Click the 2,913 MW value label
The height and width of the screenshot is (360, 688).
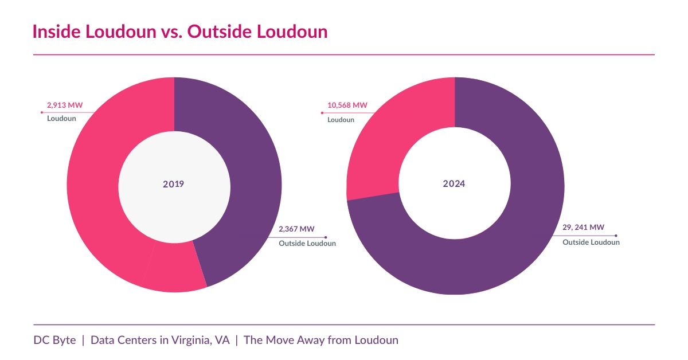click(x=64, y=105)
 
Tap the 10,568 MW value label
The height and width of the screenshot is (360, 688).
click(x=347, y=105)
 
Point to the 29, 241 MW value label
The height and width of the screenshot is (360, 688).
click(x=583, y=228)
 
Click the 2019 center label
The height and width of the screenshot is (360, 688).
click(x=174, y=184)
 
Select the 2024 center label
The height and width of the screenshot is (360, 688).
click(x=454, y=184)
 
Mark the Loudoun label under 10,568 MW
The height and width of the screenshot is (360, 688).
click(x=341, y=120)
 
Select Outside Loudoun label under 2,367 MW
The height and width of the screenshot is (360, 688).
click(x=307, y=243)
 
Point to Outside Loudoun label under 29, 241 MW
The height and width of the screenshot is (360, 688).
click(x=591, y=242)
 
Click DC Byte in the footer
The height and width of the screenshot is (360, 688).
click(x=54, y=340)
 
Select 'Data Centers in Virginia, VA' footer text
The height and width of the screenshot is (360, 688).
click(x=160, y=340)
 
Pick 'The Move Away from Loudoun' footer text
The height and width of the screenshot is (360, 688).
click(x=321, y=340)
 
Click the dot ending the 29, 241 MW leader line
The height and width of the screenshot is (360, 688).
click(x=616, y=235)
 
